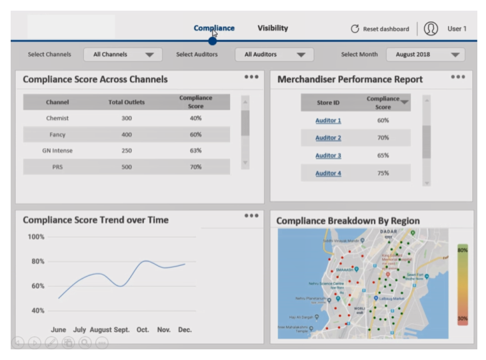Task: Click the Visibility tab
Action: [x=273, y=28]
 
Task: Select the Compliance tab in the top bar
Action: [x=214, y=28]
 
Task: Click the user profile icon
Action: [x=431, y=29]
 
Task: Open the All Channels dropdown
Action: [x=123, y=55]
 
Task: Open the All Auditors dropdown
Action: [x=274, y=55]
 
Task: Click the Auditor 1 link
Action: [x=328, y=121]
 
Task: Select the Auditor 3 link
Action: [x=328, y=155]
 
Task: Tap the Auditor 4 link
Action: [x=328, y=173]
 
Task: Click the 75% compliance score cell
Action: [x=383, y=173]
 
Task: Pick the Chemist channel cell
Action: [x=57, y=118]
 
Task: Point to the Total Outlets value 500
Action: [x=127, y=167]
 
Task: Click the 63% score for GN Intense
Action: [x=195, y=151]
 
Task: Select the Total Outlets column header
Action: [x=127, y=102]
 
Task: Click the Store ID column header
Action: [x=327, y=103]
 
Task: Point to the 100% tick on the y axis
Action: [x=36, y=237]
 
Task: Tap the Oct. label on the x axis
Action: [x=143, y=329]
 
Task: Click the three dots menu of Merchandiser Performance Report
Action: [x=457, y=77]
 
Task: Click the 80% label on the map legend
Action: [x=462, y=250]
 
